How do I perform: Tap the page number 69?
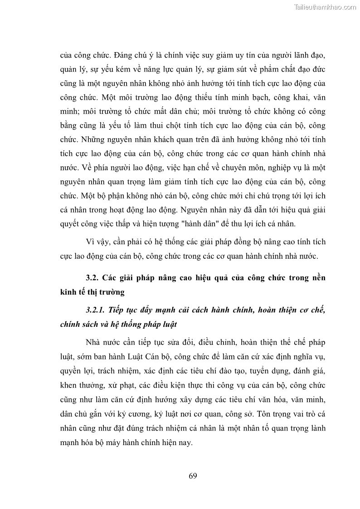[192, 475]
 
